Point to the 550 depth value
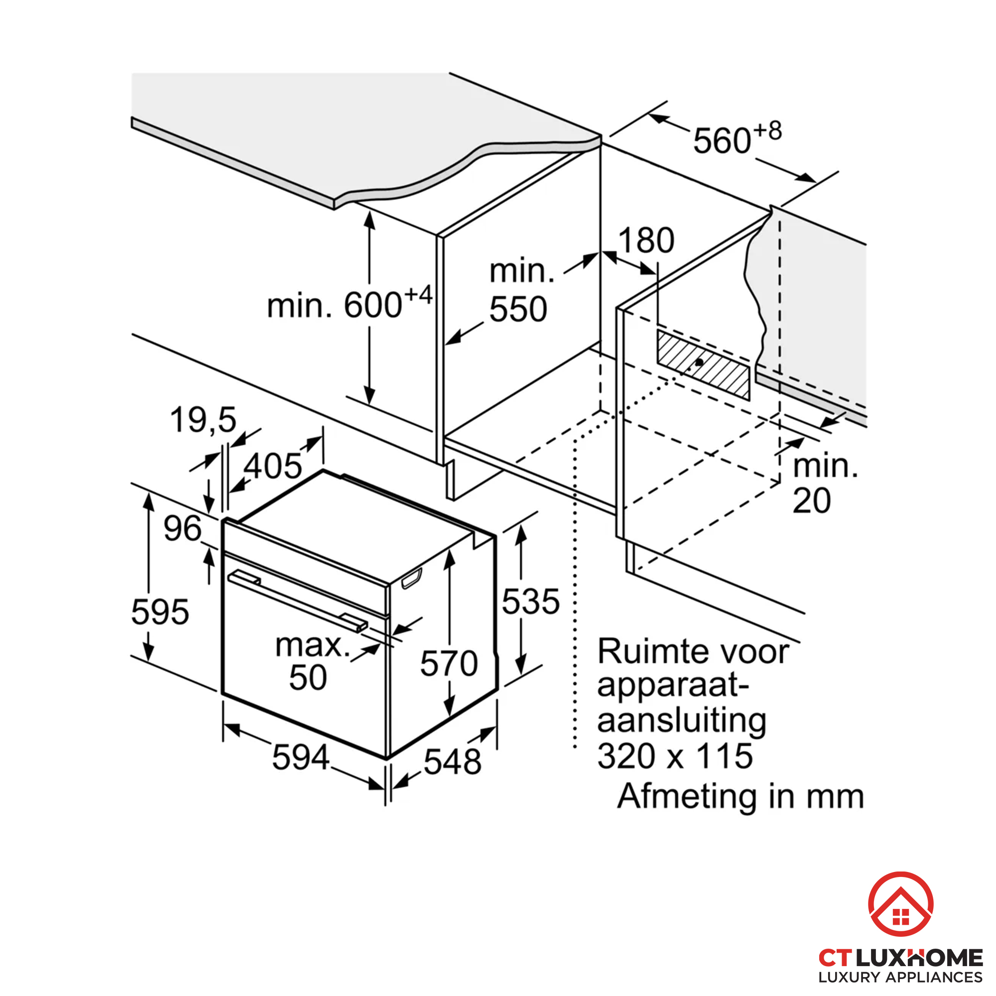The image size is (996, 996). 518,309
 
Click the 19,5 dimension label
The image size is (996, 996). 203,420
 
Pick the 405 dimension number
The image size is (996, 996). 273,466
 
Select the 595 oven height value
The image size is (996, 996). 160,612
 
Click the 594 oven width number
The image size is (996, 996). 301,757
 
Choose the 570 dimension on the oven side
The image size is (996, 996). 449,663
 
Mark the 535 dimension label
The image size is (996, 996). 530,601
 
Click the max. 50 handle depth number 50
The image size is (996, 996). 308,677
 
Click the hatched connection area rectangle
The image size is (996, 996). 703,365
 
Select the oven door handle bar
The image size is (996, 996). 297,601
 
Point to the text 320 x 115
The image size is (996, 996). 675,756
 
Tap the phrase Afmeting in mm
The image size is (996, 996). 741,796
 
